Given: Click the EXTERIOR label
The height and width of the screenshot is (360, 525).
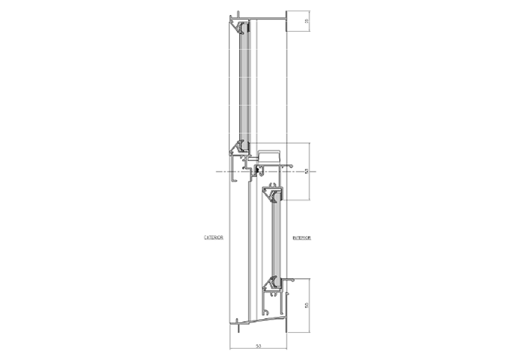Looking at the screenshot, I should coord(213,237).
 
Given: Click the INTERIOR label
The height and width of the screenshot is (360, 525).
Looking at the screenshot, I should coord(302,237).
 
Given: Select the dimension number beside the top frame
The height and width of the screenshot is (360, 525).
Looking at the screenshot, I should coord(307,22).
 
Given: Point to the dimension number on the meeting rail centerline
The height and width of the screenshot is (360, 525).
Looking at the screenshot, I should coord(306,172).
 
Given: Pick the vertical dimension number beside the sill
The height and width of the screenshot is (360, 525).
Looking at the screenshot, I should coord(306,306).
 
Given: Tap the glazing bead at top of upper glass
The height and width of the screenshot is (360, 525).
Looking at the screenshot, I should coord(244,28).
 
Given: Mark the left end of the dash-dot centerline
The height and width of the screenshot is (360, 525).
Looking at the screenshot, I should coord(218,172).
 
